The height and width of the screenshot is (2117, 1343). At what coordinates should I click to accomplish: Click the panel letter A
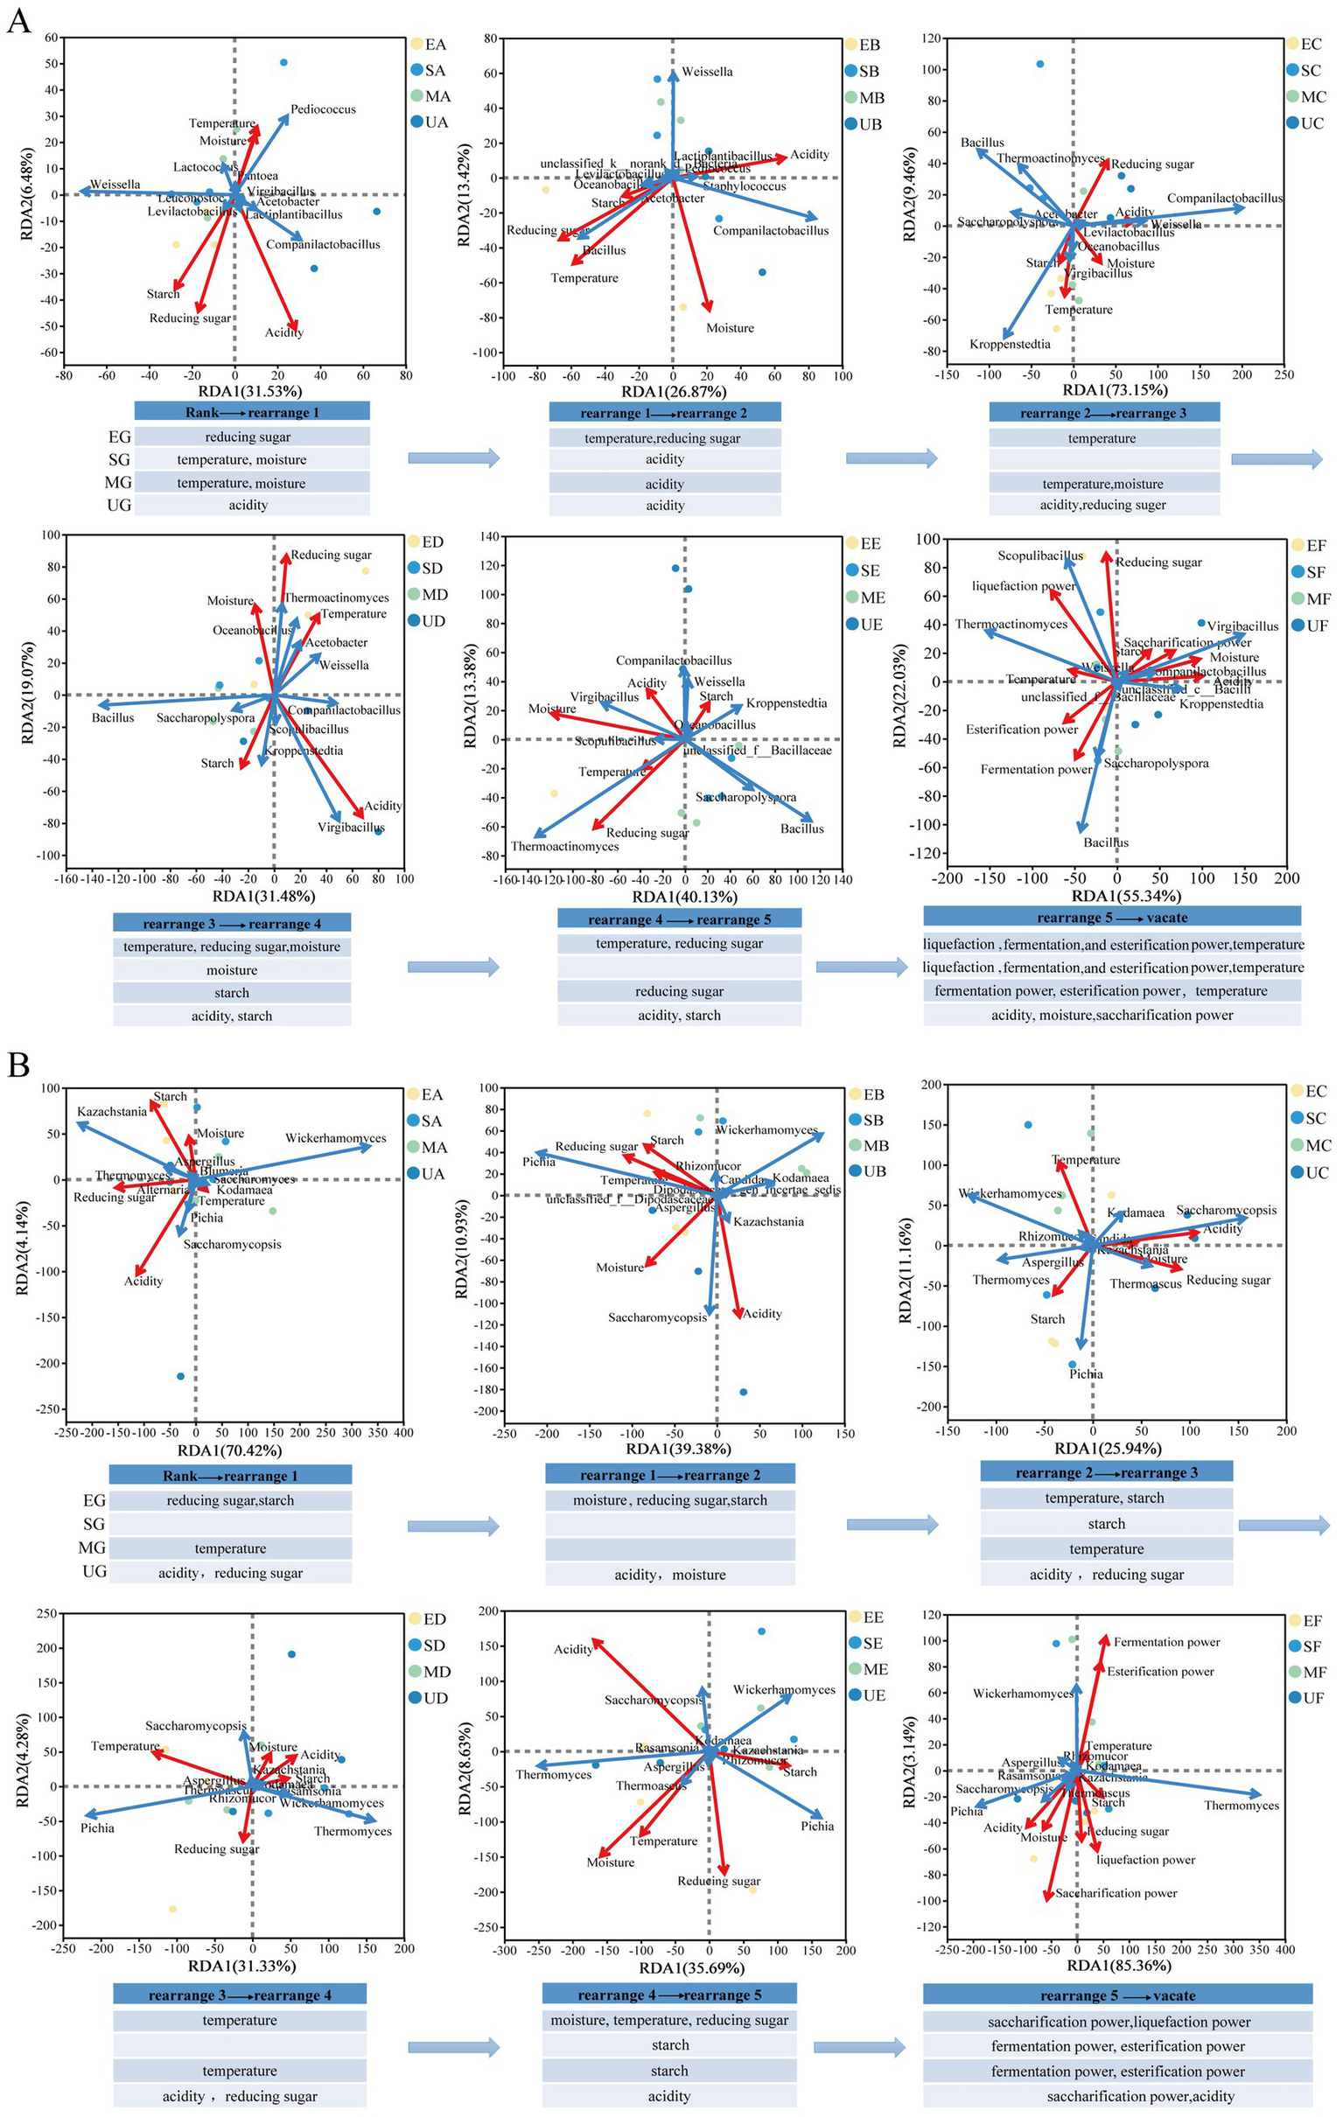(18, 19)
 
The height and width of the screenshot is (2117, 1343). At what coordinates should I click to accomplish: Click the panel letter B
(18, 1065)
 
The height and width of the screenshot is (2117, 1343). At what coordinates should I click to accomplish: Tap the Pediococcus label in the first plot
(323, 110)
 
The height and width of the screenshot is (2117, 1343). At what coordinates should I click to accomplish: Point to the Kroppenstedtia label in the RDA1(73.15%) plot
(1010, 345)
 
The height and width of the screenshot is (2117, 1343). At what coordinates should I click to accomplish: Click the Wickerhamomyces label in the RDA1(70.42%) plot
(335, 1138)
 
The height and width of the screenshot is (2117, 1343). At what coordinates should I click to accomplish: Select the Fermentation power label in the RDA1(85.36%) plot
(1166, 1642)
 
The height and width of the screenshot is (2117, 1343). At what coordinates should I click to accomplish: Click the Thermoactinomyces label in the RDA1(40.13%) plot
(564, 847)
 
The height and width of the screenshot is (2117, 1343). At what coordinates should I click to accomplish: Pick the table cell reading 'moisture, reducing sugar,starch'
(669, 1501)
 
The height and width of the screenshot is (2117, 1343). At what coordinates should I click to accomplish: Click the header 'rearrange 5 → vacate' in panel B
(1117, 1995)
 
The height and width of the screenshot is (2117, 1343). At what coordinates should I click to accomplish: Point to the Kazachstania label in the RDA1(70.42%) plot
(112, 1112)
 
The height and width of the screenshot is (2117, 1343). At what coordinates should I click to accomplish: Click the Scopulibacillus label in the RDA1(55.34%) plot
(1039, 556)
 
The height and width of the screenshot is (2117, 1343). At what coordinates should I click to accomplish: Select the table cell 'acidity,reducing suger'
(1103, 506)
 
